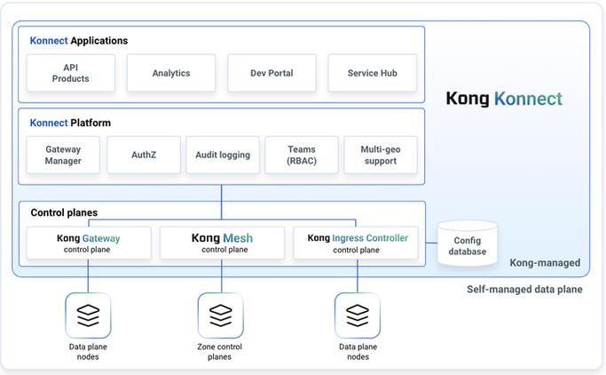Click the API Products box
pyautogui.click(x=71, y=73)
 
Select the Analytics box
pyautogui.click(x=171, y=73)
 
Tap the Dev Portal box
pyautogui.click(x=272, y=73)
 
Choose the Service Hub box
pyautogui.click(x=372, y=73)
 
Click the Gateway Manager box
pyautogui.click(x=63, y=155)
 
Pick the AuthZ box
pyautogui.click(x=144, y=155)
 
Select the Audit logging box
pyautogui.click(x=223, y=155)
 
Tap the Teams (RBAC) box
pyautogui.click(x=302, y=155)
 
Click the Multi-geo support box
pyautogui.click(x=381, y=155)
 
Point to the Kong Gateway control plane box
pyautogui.click(x=89, y=243)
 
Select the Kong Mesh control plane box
pyautogui.click(x=222, y=243)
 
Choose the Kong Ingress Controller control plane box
pyautogui.click(x=356, y=243)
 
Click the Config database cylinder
pyautogui.click(x=468, y=243)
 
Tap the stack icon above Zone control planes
pyautogui.click(x=221, y=315)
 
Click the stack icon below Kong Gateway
pyautogui.click(x=88, y=315)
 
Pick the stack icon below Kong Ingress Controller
pyautogui.click(x=358, y=315)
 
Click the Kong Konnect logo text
pyautogui.click(x=504, y=99)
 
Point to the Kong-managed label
pyautogui.click(x=545, y=263)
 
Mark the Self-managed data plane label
pyautogui.click(x=524, y=289)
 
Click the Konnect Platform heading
pyautogui.click(x=70, y=123)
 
